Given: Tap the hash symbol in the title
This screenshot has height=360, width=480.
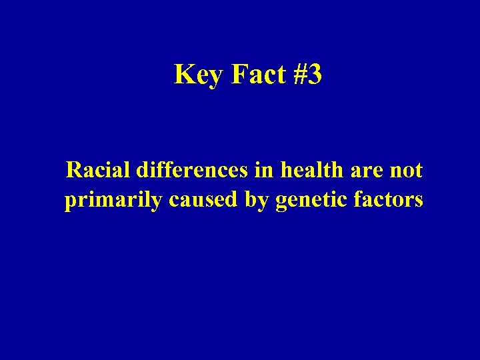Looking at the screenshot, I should (x=300, y=75).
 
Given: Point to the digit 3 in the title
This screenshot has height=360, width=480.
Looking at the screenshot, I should (x=315, y=75).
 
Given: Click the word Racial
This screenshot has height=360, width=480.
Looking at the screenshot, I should (x=98, y=171).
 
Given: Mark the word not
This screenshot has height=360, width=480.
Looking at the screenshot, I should (x=407, y=171).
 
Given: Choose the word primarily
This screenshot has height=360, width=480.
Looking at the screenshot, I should (x=113, y=201).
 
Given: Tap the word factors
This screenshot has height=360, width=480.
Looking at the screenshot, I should (x=385, y=199).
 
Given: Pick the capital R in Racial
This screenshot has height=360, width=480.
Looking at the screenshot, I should (x=74, y=171).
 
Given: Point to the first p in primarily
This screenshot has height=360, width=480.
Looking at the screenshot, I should (x=71, y=202).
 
